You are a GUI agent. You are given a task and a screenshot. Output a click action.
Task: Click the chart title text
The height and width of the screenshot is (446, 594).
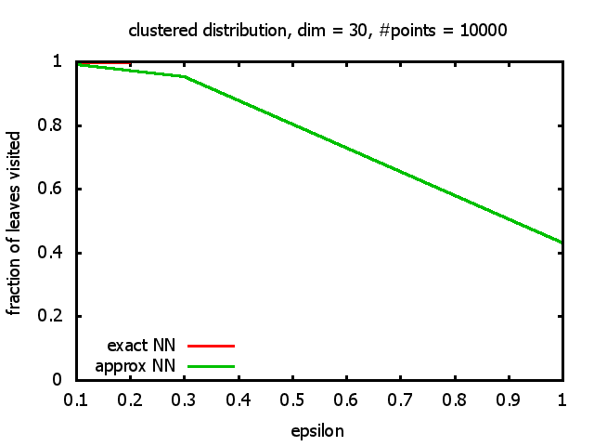point(318,31)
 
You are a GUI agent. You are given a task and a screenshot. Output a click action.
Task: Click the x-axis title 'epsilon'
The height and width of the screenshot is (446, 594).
point(318,431)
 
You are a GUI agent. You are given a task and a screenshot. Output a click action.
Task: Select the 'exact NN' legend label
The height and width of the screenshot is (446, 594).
point(148,346)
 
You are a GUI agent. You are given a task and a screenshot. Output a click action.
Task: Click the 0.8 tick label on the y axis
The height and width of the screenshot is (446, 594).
point(61,125)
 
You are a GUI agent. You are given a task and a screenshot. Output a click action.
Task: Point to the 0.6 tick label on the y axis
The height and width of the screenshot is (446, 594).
point(61,189)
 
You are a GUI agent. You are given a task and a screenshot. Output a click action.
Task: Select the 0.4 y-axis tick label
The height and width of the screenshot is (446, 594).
point(61,253)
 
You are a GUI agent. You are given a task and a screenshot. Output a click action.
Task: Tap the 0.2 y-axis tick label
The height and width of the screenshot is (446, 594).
point(61,316)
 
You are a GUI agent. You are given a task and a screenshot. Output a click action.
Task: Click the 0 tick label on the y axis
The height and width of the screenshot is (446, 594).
point(68,380)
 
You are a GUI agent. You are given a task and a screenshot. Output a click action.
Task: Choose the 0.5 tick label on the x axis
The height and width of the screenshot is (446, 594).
point(292,399)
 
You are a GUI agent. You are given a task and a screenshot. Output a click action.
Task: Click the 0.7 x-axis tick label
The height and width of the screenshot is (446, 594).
point(400,399)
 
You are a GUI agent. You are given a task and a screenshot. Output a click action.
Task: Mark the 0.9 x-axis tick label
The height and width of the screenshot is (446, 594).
point(509,399)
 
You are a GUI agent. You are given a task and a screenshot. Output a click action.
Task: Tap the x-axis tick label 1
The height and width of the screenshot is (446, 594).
point(562,399)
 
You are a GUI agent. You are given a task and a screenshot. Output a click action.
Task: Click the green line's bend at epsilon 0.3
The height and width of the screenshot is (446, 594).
point(185,76)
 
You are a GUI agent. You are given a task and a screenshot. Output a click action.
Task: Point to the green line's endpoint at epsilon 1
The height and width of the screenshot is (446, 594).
point(562,243)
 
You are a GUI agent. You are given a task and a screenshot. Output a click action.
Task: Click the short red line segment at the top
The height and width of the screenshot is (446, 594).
point(104,62)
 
